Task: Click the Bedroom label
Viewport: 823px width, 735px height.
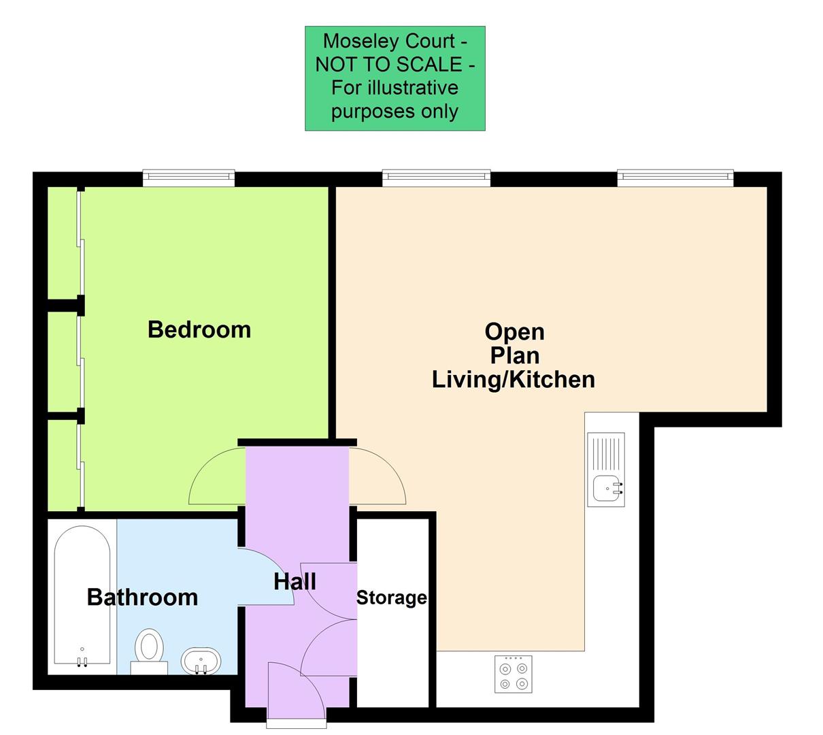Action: tap(199, 329)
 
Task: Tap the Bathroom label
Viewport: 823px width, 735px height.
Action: tap(142, 597)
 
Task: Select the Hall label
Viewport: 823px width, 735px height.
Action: tap(295, 582)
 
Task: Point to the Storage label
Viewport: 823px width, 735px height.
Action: tap(392, 598)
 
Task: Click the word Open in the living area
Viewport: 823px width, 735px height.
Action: tap(514, 332)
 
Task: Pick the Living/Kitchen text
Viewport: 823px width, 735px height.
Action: tap(514, 379)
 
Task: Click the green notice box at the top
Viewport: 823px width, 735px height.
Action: tap(394, 78)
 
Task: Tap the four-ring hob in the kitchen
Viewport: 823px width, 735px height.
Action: tap(514, 674)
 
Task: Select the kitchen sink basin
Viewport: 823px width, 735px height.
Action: tap(607, 488)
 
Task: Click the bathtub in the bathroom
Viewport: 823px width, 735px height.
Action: tap(82, 595)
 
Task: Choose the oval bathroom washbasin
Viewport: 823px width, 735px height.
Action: tap(201, 660)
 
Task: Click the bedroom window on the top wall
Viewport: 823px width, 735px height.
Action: tap(188, 178)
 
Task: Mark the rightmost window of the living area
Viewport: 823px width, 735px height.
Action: tap(675, 177)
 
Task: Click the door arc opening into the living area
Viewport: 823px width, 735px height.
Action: tap(378, 476)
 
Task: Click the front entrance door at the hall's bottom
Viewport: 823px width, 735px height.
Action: tap(296, 691)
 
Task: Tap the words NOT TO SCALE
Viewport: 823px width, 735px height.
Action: tap(395, 65)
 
